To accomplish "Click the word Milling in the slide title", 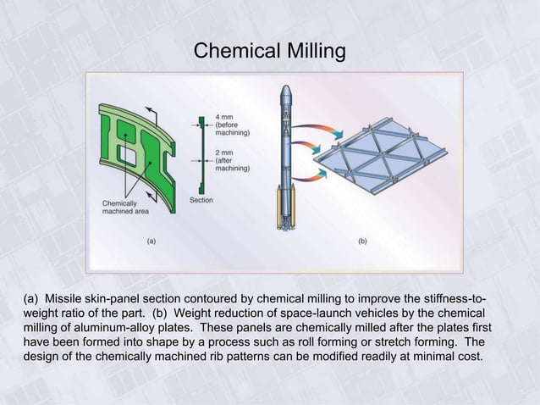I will click(310, 52).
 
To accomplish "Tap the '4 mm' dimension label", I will click(225, 115).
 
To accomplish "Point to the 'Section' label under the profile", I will click(201, 200).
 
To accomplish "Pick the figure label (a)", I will click(151, 241).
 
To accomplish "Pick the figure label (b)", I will click(362, 241).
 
